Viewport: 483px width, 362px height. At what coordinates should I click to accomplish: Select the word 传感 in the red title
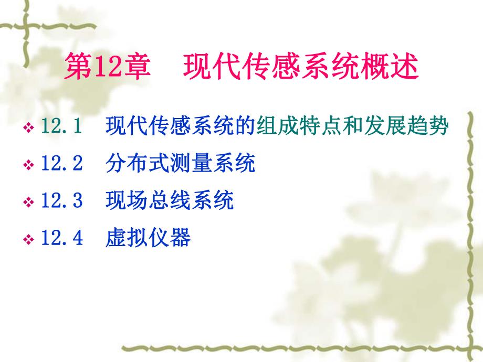(x=284, y=68)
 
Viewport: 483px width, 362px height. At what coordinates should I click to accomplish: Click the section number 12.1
(x=61, y=127)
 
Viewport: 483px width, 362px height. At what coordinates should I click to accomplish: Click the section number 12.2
(x=61, y=164)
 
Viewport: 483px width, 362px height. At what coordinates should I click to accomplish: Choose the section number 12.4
(x=61, y=239)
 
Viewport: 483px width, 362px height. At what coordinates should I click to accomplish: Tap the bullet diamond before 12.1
(x=29, y=128)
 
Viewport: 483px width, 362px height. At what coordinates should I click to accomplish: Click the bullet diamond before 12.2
(x=29, y=165)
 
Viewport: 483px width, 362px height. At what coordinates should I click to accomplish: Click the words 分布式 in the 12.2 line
(x=136, y=164)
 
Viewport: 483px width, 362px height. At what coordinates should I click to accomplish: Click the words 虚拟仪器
(x=148, y=239)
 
